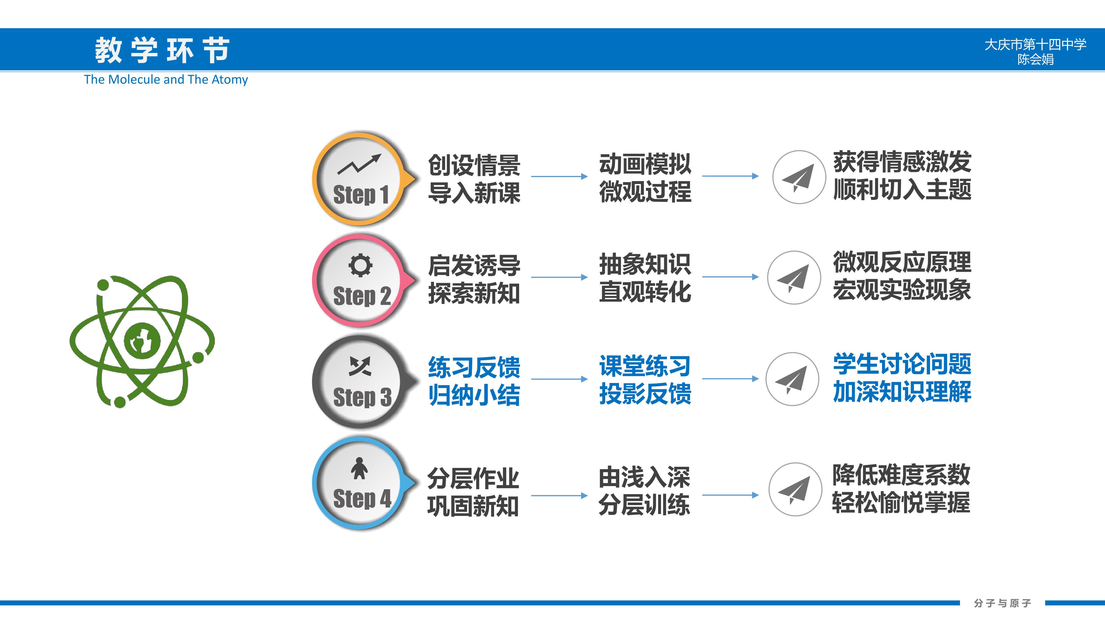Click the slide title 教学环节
click(162, 50)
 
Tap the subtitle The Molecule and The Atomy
click(166, 79)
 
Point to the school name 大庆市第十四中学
click(1035, 44)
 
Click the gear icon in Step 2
click(360, 265)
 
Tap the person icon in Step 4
click(359, 468)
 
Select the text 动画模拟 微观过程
click(645, 177)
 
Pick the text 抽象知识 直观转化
click(645, 278)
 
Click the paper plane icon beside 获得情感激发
click(799, 177)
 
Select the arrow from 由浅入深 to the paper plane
click(730, 495)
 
